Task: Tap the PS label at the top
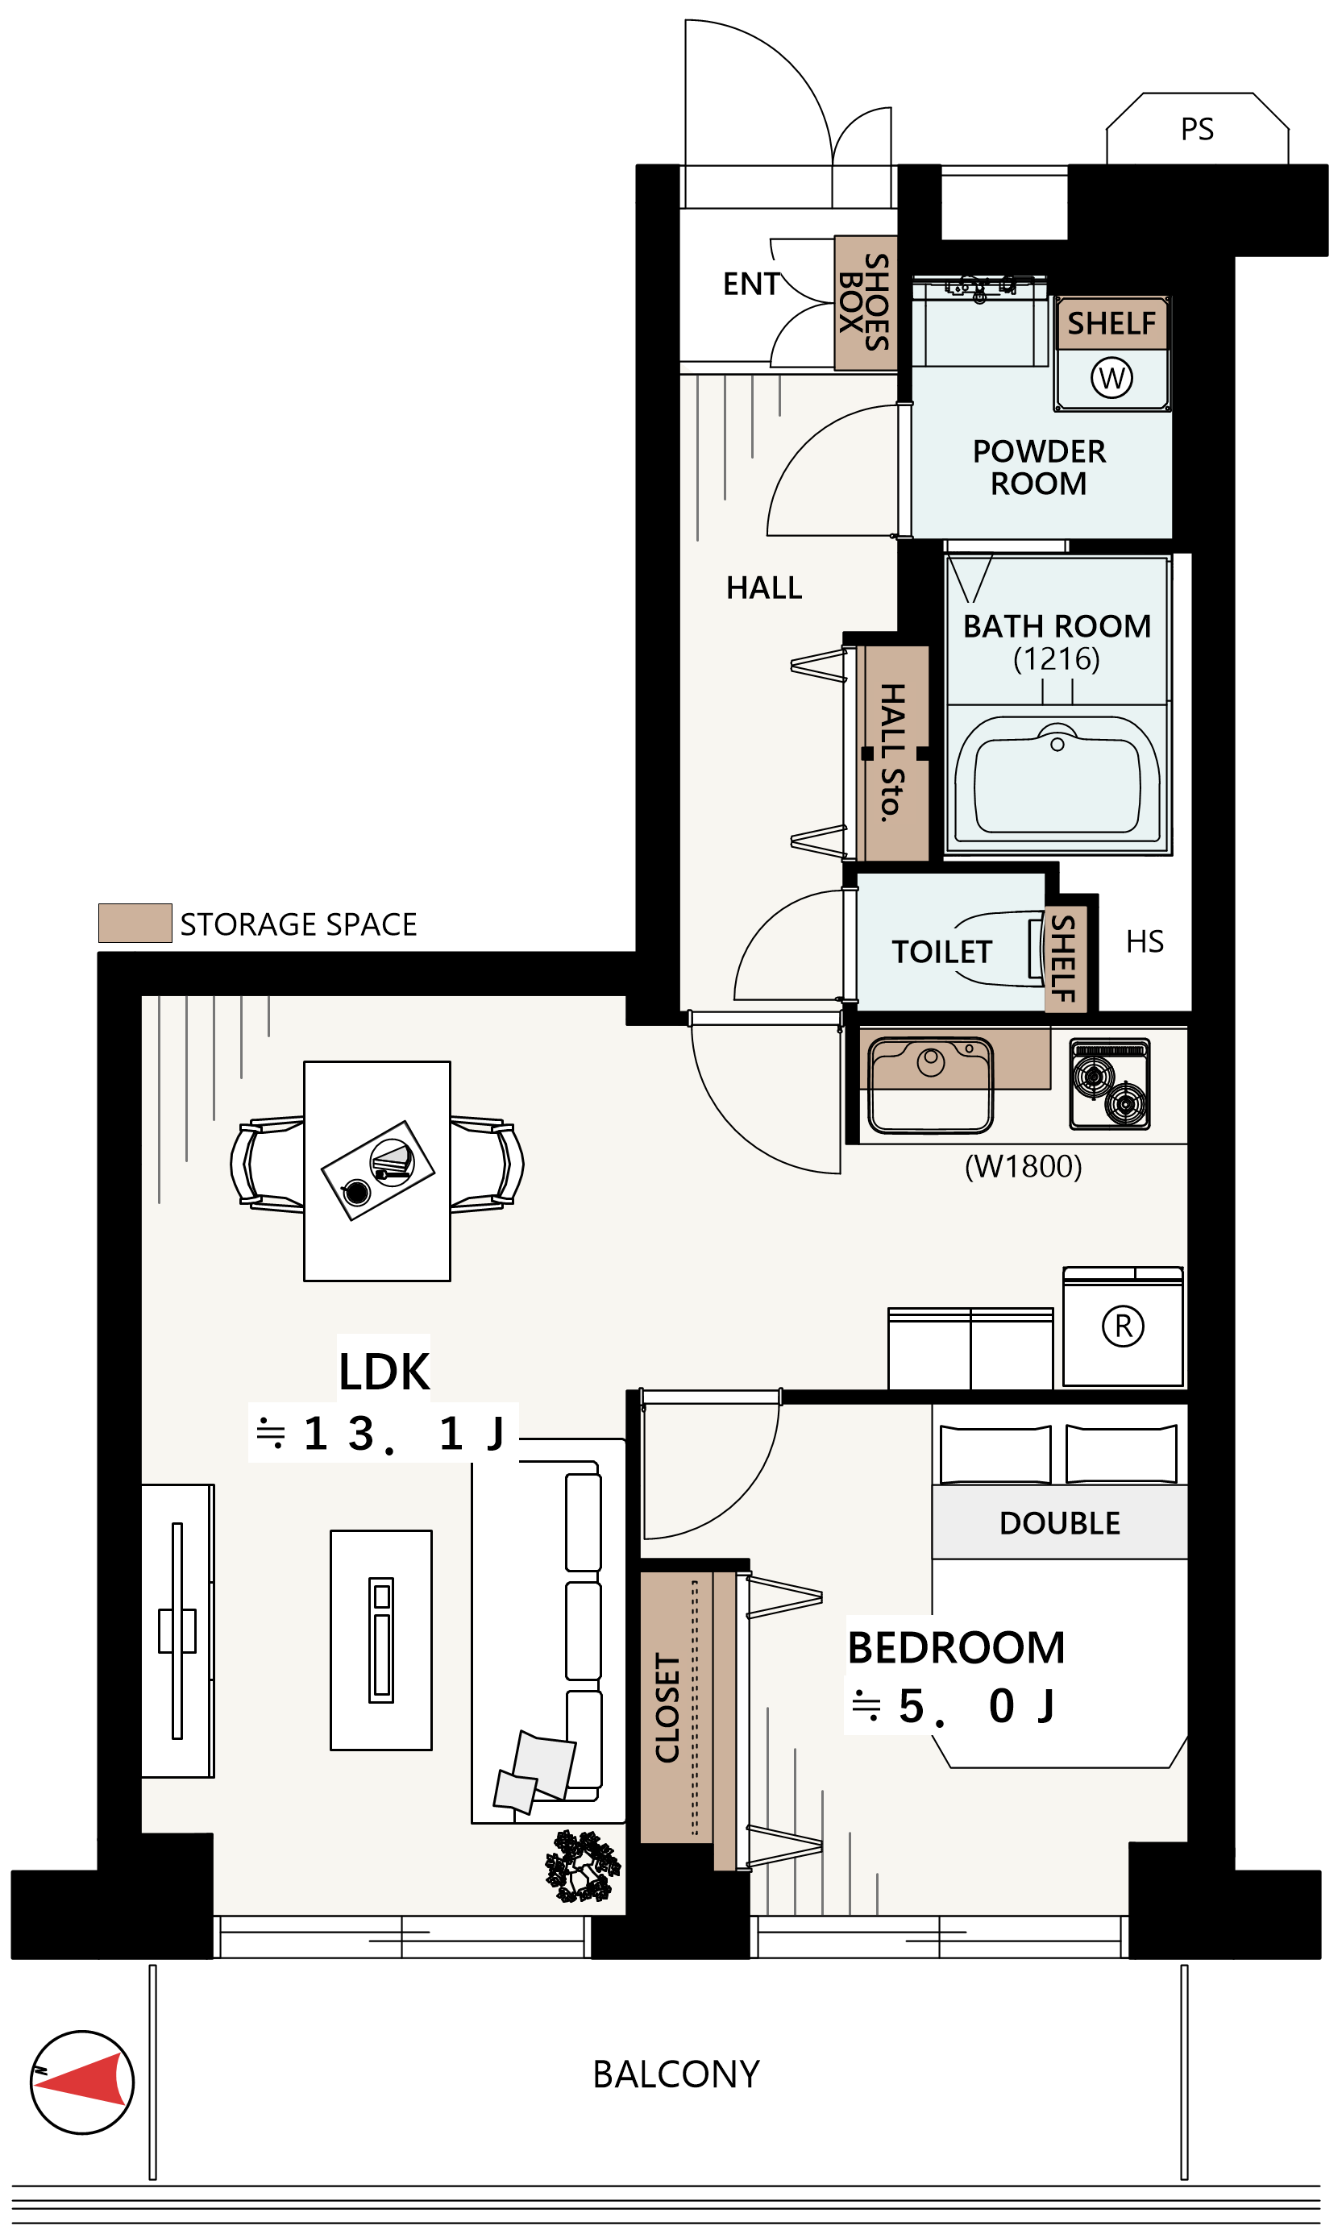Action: point(1197,129)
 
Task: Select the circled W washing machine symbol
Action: point(1111,377)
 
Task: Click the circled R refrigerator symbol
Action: point(1123,1327)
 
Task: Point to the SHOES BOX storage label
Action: point(865,302)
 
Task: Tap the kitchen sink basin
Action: point(931,1085)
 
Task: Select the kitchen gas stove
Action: point(1110,1084)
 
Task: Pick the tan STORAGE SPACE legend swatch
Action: point(135,924)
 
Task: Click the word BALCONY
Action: point(675,2074)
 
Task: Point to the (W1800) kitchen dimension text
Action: point(1023,1166)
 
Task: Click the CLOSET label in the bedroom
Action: point(667,1708)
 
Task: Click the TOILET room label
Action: point(941,952)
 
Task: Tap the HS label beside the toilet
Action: point(1145,942)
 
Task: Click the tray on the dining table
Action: point(378,1171)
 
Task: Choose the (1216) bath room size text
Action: point(1056,658)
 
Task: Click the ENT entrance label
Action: point(750,284)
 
